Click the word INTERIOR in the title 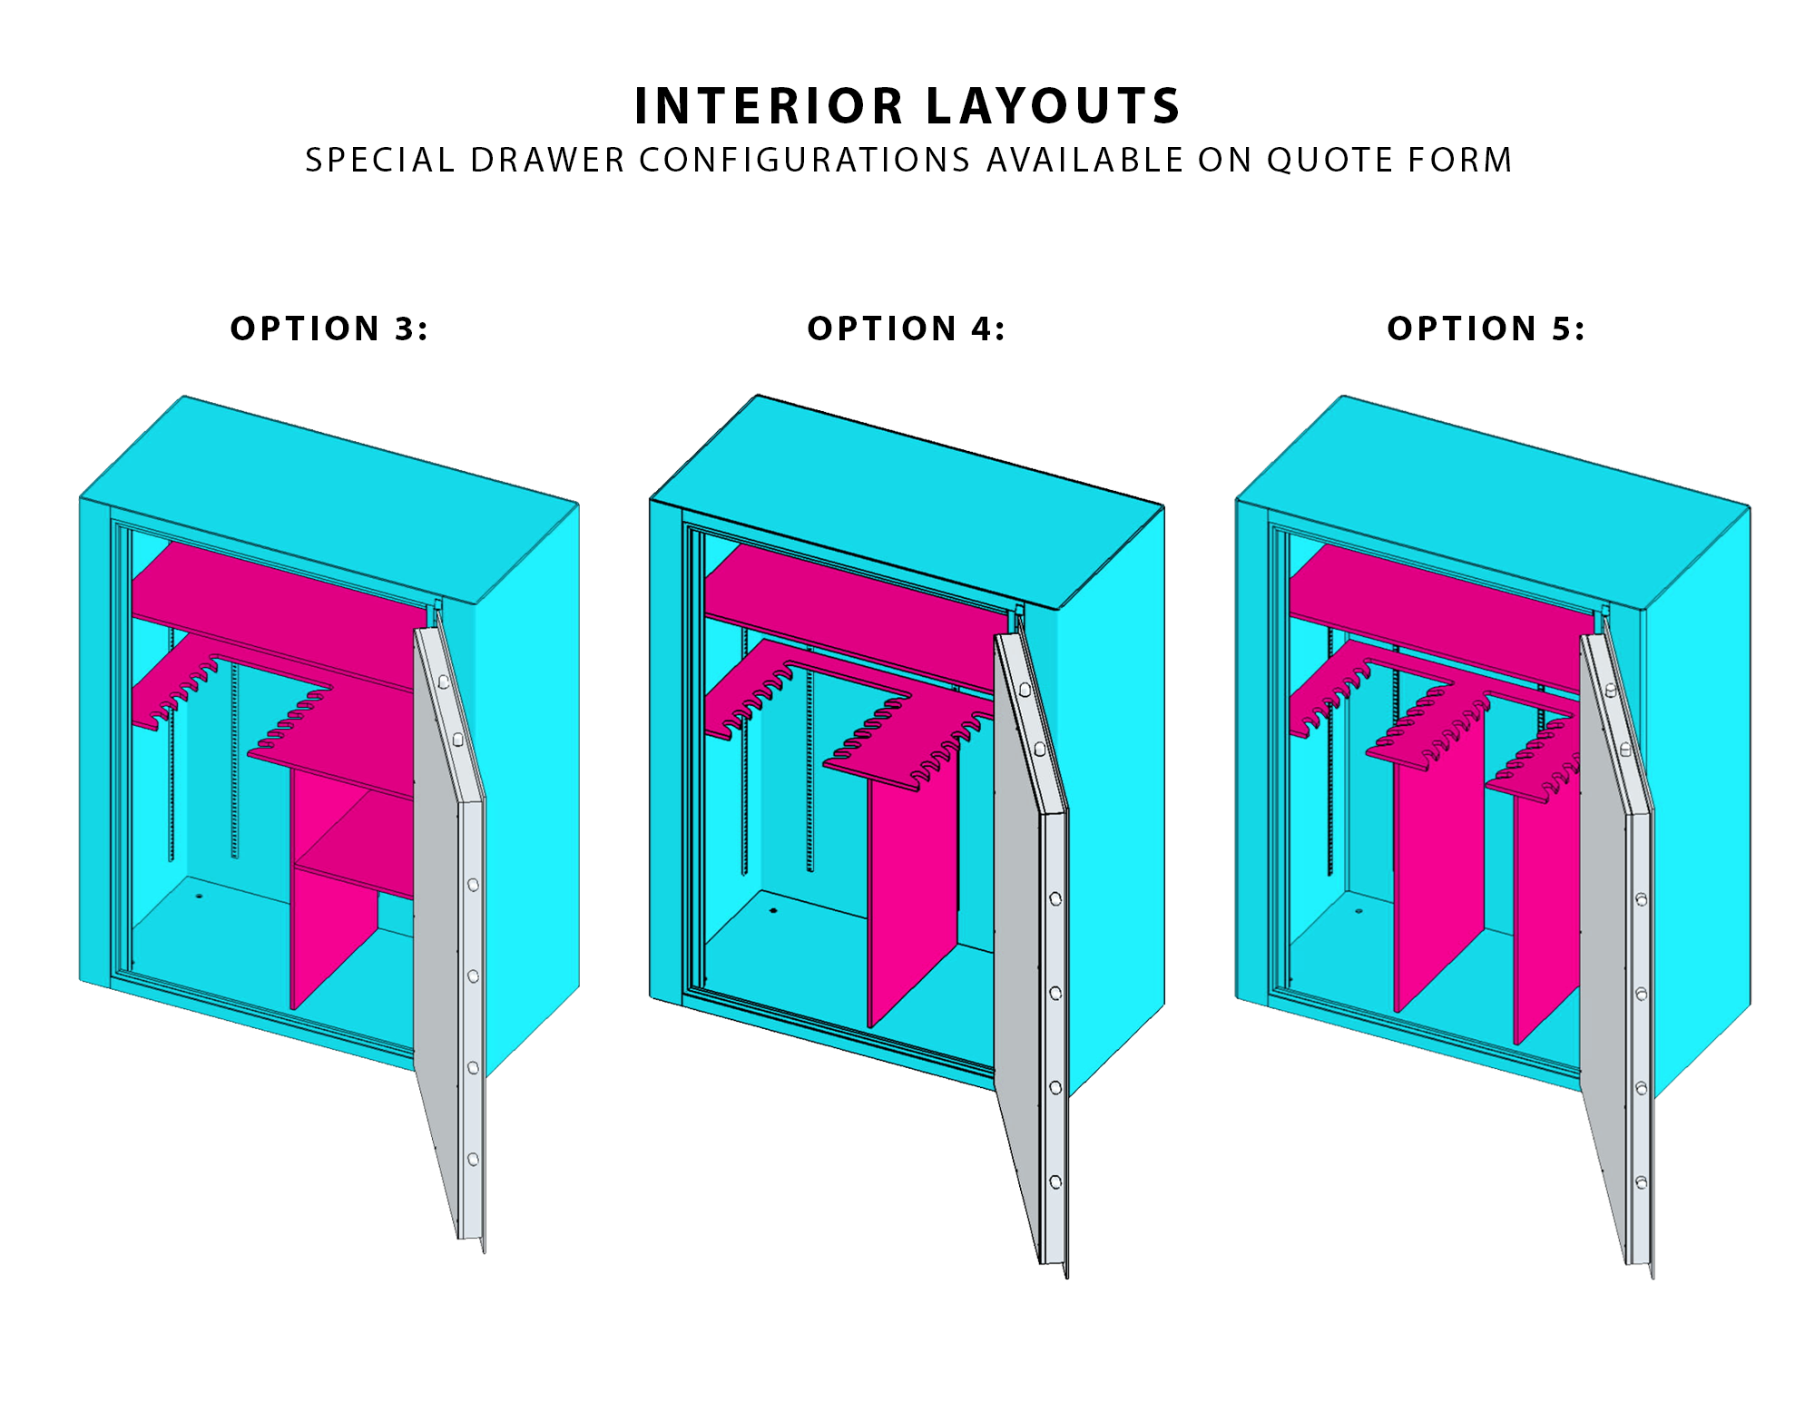tap(770, 106)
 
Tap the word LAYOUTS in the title tap(1054, 106)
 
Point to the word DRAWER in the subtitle tap(547, 160)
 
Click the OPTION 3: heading tap(329, 328)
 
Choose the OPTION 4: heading tap(907, 328)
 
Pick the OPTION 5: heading tap(1486, 328)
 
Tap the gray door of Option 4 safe tap(1030, 944)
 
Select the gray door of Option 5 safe tap(1615, 944)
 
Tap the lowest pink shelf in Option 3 tap(358, 848)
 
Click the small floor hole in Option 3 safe tap(199, 896)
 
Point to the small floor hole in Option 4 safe tap(773, 910)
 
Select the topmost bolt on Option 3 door tap(444, 681)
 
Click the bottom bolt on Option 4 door tap(1055, 1181)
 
